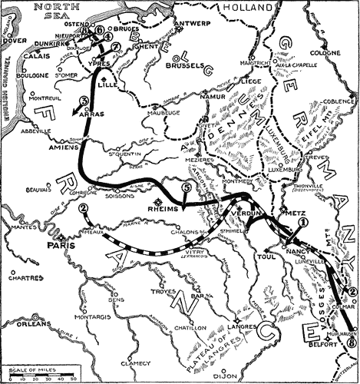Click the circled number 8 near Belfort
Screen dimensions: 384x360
(x=352, y=343)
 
